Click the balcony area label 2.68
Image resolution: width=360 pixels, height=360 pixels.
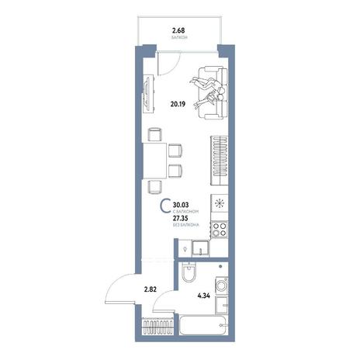tap(178, 31)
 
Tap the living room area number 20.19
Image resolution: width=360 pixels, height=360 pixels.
tap(178, 104)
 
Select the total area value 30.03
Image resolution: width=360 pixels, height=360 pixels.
tap(181, 205)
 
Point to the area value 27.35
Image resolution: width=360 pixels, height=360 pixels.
tap(181, 219)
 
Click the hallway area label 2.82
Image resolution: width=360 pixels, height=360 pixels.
tap(151, 289)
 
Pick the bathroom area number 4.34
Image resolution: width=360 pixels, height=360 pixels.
tap(203, 296)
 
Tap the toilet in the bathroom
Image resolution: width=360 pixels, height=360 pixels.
tap(189, 272)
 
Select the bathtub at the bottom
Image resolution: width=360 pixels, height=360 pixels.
tap(203, 324)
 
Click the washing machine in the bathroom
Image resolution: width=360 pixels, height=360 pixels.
tap(221, 286)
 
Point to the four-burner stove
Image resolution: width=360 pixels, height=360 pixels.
tap(220, 230)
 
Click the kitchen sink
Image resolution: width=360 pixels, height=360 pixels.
tap(200, 248)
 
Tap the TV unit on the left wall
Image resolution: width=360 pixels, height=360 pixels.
tap(148, 94)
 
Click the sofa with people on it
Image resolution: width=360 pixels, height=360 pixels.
tap(213, 93)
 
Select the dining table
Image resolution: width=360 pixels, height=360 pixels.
tap(154, 161)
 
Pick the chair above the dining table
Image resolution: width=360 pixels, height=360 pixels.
tap(155, 134)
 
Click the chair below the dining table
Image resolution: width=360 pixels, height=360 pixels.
tap(155, 187)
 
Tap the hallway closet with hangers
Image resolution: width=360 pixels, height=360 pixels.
tap(157, 327)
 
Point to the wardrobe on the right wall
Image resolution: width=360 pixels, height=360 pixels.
tap(220, 161)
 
